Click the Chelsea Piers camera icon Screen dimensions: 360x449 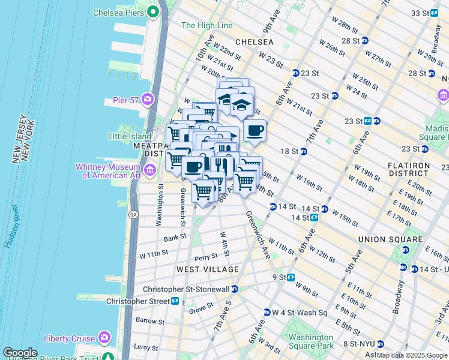point(153,11)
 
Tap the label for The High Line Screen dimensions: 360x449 point(206,25)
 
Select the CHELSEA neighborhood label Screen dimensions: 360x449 point(254,42)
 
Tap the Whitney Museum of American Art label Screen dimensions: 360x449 point(109,171)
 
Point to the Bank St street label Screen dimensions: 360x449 point(175,238)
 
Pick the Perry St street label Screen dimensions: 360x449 point(205,257)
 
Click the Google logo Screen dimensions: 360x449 point(20,353)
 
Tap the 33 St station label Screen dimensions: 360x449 point(420,13)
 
